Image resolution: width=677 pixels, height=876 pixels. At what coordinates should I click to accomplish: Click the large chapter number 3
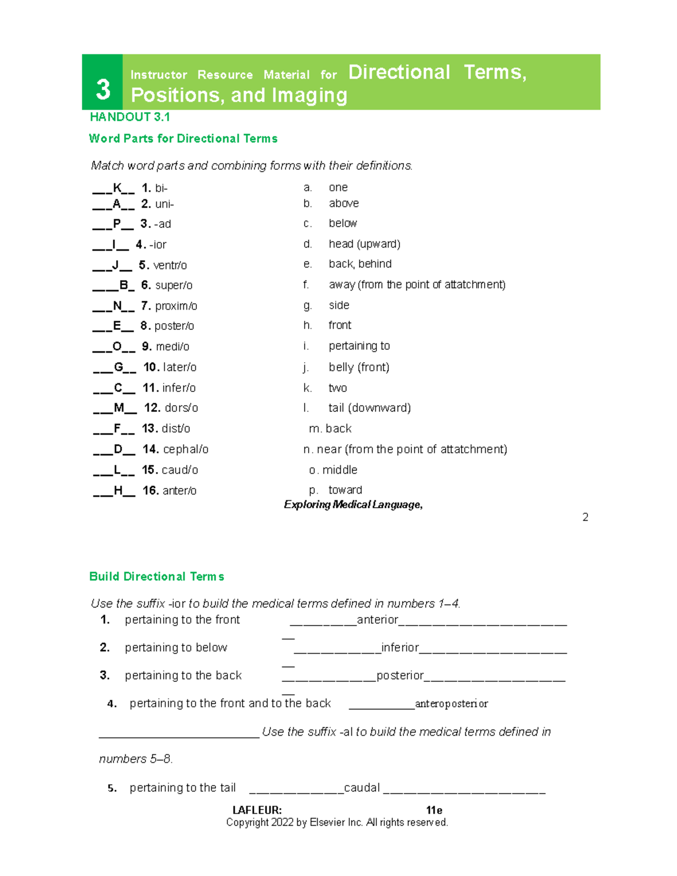(x=103, y=89)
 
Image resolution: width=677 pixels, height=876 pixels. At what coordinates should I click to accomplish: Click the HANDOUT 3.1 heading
(x=130, y=117)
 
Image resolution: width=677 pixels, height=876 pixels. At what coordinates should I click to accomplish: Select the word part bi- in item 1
(x=161, y=188)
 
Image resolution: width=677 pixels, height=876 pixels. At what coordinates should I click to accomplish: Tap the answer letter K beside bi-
(x=117, y=188)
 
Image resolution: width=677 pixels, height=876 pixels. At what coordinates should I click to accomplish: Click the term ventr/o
(x=170, y=265)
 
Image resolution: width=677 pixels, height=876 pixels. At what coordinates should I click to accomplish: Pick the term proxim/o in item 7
(x=176, y=306)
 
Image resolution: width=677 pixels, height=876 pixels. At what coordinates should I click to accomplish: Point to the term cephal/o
(x=186, y=449)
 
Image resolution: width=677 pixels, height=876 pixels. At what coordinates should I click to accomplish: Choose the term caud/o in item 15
(x=180, y=470)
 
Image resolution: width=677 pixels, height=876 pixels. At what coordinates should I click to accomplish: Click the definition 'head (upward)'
(x=364, y=244)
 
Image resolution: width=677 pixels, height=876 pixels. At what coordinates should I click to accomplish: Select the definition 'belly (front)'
(x=359, y=367)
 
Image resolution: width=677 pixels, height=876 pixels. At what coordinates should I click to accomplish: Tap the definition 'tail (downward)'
(x=370, y=408)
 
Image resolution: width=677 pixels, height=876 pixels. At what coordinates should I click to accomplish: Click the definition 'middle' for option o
(x=340, y=470)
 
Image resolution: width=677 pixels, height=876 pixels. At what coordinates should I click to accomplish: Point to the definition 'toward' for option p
(x=345, y=490)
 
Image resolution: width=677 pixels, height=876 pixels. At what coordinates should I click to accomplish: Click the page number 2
(x=586, y=517)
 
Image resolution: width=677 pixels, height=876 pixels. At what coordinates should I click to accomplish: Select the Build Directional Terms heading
(x=157, y=576)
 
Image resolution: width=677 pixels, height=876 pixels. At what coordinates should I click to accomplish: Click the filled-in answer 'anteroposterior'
(x=451, y=704)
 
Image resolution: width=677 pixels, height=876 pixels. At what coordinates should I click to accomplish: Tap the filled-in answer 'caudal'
(x=362, y=787)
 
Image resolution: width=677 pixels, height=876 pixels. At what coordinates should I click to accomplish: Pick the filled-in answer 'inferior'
(x=400, y=648)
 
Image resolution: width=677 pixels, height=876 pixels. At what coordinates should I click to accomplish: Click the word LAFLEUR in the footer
(x=257, y=810)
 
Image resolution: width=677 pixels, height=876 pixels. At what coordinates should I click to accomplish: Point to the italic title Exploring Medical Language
(x=353, y=505)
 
